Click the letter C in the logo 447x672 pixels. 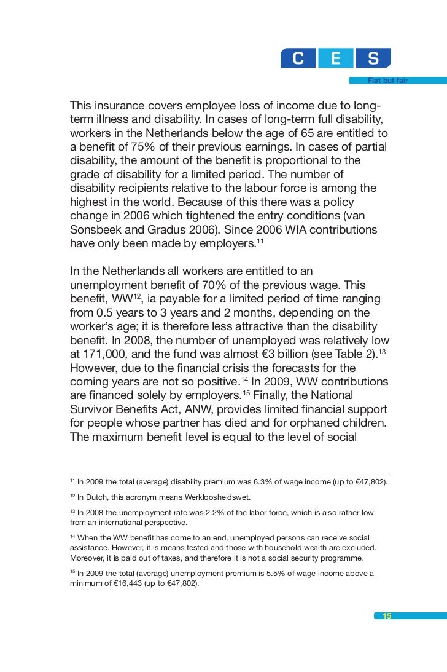298,58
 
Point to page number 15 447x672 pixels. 387,616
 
